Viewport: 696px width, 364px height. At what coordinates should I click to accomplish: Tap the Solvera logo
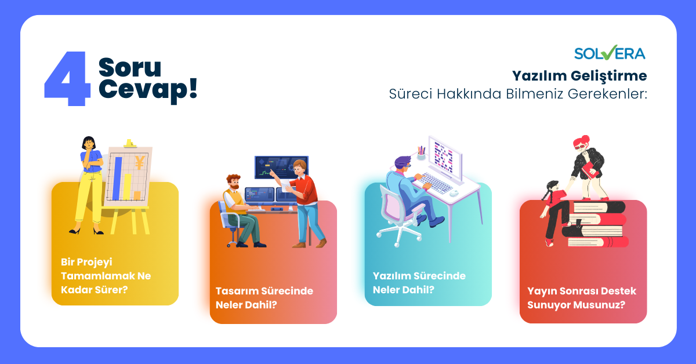609,53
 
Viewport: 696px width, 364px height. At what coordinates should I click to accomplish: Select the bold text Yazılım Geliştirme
579,76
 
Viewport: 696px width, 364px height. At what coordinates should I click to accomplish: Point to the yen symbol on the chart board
139,162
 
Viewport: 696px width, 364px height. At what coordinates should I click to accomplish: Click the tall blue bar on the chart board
118,177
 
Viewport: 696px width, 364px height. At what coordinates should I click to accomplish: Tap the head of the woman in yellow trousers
89,143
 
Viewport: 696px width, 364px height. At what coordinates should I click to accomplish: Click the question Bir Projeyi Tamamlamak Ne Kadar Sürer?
106,275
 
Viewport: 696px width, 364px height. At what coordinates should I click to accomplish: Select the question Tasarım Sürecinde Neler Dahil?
264,297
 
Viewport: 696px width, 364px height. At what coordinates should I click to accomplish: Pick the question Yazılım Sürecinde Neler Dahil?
419,282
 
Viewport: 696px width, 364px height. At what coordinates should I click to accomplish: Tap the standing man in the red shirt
305,197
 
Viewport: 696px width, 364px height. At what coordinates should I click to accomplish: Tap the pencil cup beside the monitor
420,154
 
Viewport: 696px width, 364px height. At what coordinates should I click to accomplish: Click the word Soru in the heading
129,67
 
